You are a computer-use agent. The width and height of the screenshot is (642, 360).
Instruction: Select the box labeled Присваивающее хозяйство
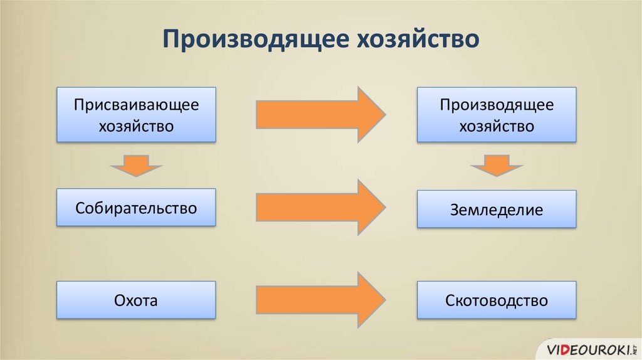[x=136, y=115]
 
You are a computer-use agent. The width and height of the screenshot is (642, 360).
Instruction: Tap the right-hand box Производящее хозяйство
[x=497, y=115]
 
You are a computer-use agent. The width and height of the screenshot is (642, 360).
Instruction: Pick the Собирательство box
[x=136, y=208]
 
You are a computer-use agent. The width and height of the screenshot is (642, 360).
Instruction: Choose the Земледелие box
[x=497, y=209]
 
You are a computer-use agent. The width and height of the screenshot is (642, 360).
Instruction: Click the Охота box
[x=136, y=300]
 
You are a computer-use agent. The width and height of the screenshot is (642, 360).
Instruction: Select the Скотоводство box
[x=497, y=300]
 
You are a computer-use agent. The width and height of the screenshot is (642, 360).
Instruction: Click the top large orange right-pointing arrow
[x=320, y=115]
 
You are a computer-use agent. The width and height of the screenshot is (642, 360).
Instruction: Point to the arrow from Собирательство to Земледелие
[x=320, y=208]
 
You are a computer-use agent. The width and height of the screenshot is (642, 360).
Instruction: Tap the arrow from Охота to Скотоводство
[x=320, y=300]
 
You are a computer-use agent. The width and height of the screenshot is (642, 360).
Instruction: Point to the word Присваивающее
[x=136, y=105]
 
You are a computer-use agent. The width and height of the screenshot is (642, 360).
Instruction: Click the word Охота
[x=136, y=300]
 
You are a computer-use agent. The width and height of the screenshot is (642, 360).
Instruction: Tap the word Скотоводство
[x=497, y=300]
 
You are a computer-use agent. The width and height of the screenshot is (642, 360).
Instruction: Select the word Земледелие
[x=497, y=210]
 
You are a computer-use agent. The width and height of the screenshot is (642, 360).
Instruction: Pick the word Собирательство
[x=136, y=208]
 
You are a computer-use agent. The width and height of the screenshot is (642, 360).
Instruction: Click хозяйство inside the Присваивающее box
[x=136, y=126]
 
